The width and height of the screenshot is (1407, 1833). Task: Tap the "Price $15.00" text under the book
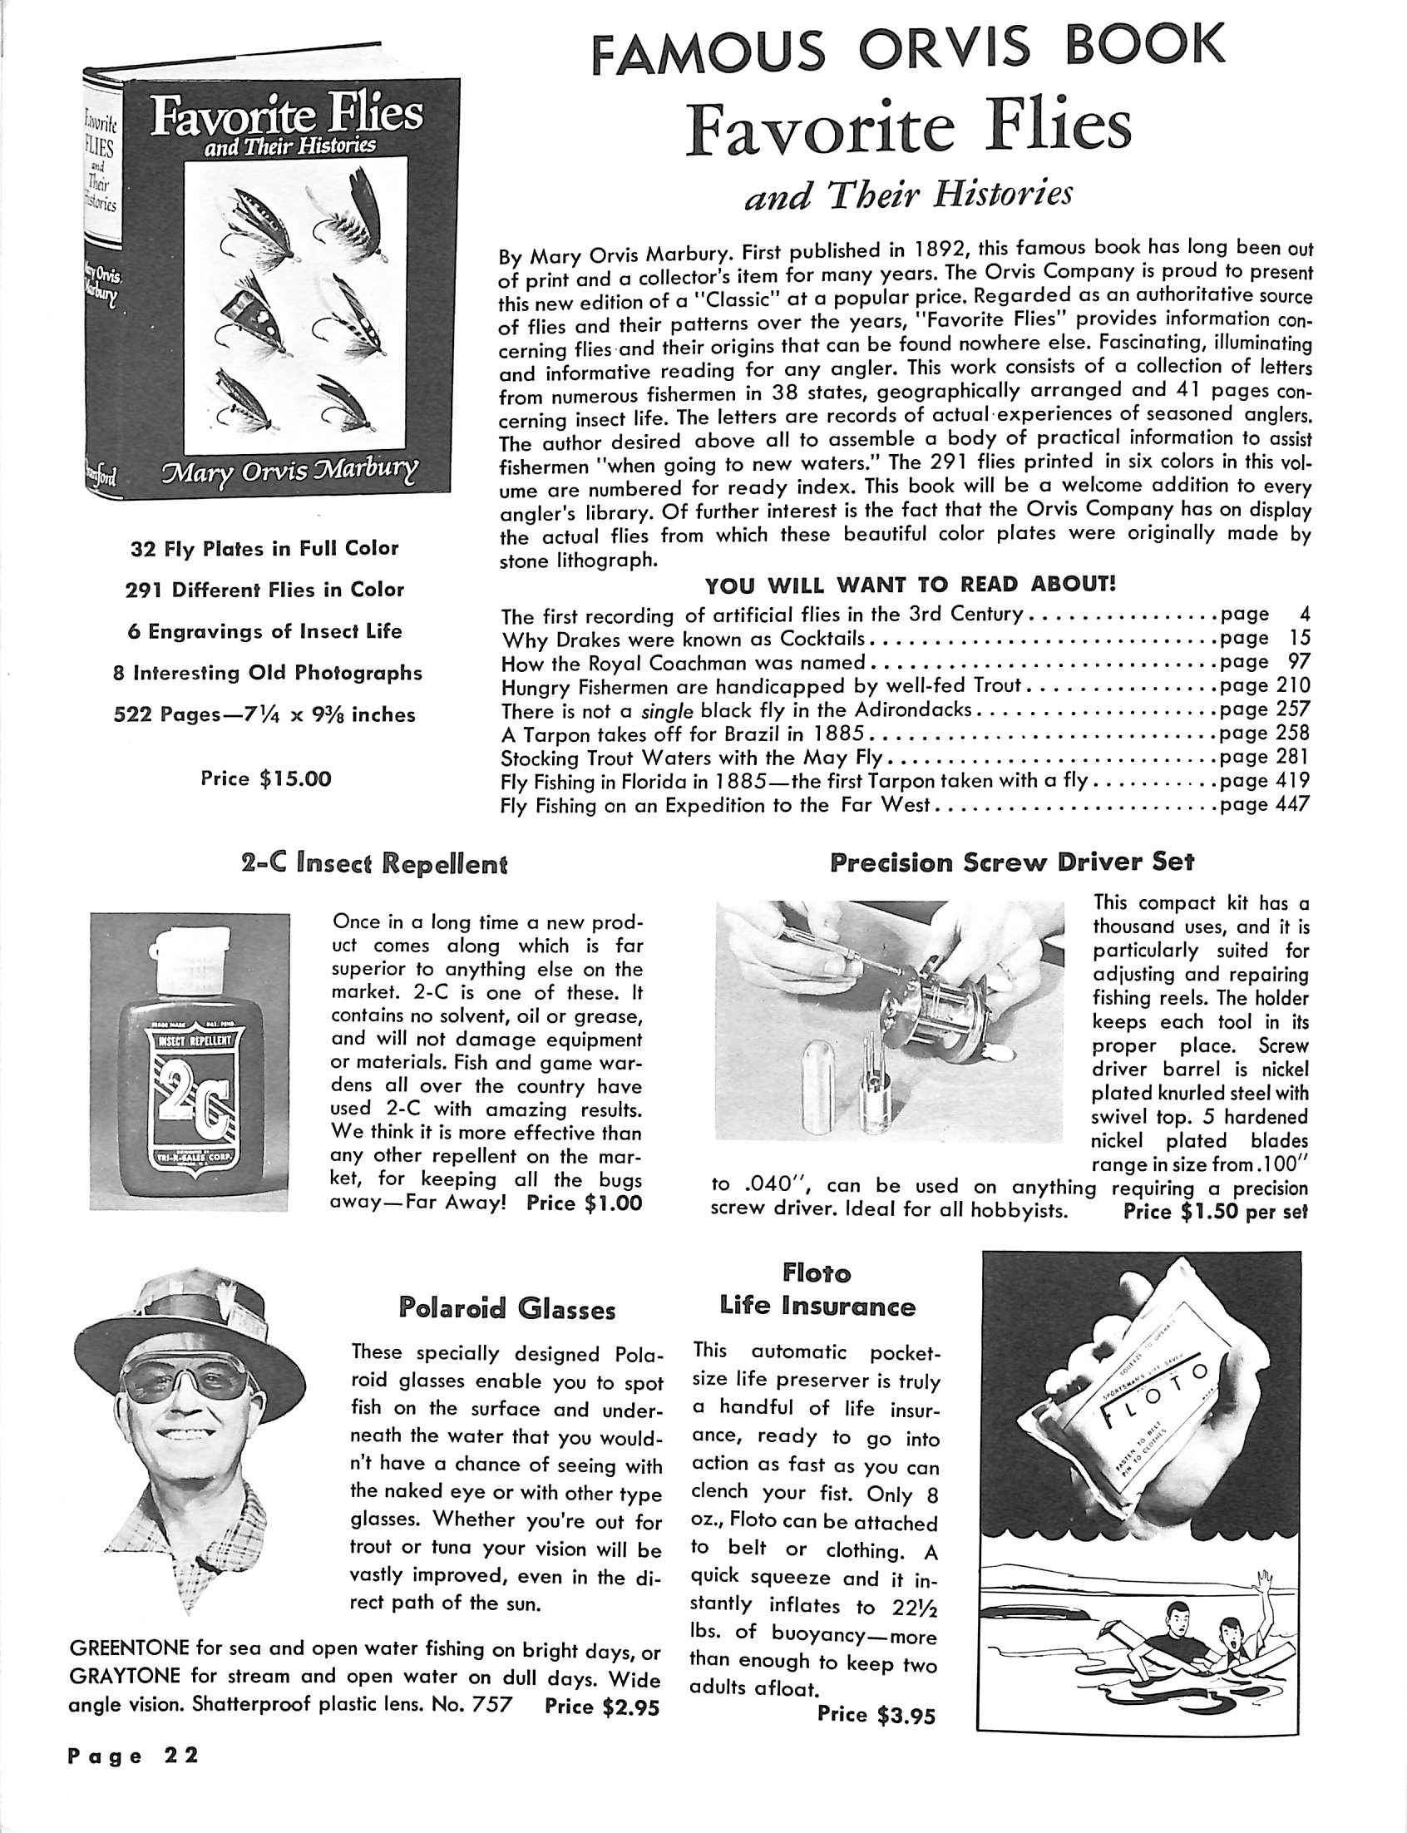click(x=265, y=779)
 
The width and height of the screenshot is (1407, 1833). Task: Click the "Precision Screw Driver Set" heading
click(x=1012, y=862)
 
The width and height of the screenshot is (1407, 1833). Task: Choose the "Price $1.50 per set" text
click(x=1215, y=1212)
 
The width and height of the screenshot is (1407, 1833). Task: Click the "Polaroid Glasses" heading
click(x=506, y=1310)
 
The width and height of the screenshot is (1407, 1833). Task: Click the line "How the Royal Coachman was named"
click(x=683, y=663)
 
